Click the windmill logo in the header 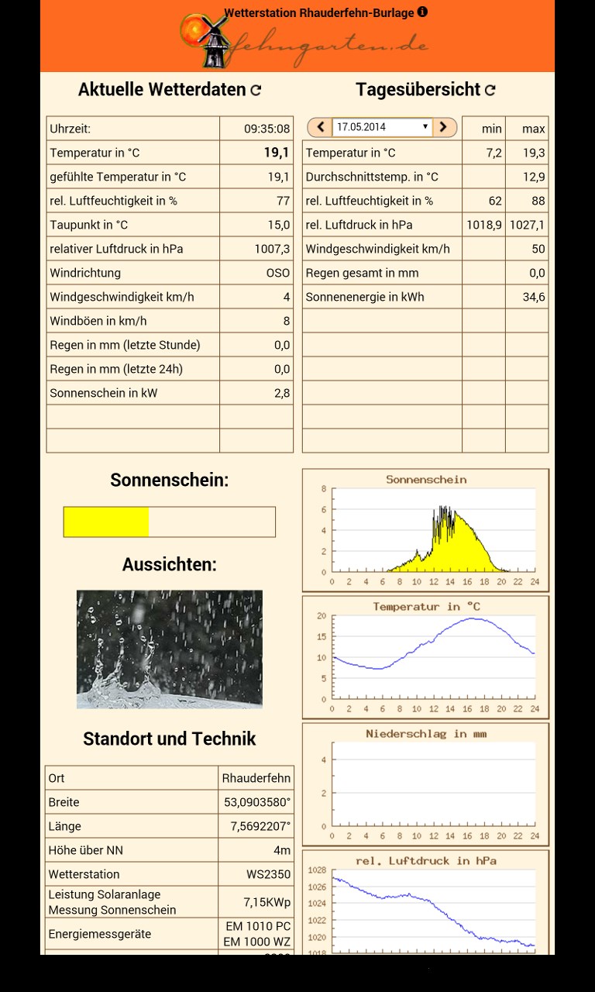pyautogui.click(x=204, y=38)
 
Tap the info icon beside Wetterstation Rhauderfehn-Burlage pyautogui.click(x=422, y=12)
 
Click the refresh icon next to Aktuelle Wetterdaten pyautogui.click(x=256, y=90)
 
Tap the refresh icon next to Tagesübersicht pyautogui.click(x=490, y=90)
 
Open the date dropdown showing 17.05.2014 pyautogui.click(x=382, y=127)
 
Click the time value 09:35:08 pyautogui.click(x=267, y=129)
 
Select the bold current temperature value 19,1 pyautogui.click(x=277, y=153)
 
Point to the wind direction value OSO pyautogui.click(x=278, y=273)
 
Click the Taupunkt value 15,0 pyautogui.click(x=279, y=225)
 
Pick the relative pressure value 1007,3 pyautogui.click(x=272, y=249)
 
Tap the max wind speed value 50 pyautogui.click(x=538, y=249)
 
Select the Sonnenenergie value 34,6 pyautogui.click(x=534, y=297)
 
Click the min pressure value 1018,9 pyautogui.click(x=484, y=225)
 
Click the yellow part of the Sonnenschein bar pyautogui.click(x=106, y=522)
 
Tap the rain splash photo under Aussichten pyautogui.click(x=169, y=649)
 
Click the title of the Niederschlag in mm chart pyautogui.click(x=426, y=733)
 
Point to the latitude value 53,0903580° pyautogui.click(x=257, y=802)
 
